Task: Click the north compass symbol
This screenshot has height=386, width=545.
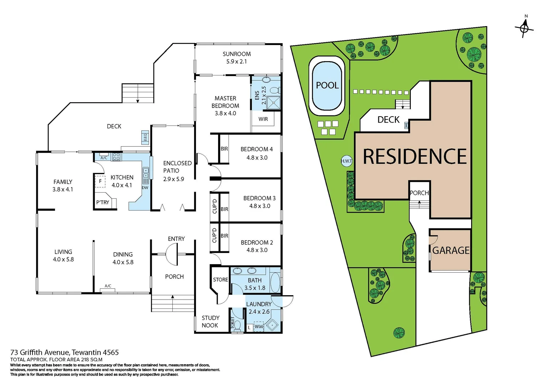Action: coord(524,28)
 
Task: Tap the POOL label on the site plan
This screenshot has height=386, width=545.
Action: coord(327,85)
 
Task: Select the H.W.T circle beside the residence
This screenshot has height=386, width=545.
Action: coord(346,161)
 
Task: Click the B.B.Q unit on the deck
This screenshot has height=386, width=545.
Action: coord(145,137)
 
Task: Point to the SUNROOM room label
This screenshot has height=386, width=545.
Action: coord(237,54)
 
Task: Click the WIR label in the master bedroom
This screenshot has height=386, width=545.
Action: coord(263,119)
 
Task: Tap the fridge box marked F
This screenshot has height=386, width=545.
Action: coord(100,181)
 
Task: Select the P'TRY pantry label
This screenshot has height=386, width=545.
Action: coord(103,202)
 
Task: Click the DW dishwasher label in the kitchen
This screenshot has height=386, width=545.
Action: coord(145,188)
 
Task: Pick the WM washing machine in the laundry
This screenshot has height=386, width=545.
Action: coord(258,327)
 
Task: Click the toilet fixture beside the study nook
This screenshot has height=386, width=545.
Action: coord(237,326)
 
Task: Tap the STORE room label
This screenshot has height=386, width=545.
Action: coord(220,279)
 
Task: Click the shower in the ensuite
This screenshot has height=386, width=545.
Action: coord(274,103)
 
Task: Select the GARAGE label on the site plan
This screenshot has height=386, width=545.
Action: coord(451,251)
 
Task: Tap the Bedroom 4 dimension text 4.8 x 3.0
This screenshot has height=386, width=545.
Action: coord(257,158)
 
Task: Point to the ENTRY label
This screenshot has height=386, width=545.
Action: coord(176,239)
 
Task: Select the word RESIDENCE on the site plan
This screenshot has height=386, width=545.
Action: coord(414,157)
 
